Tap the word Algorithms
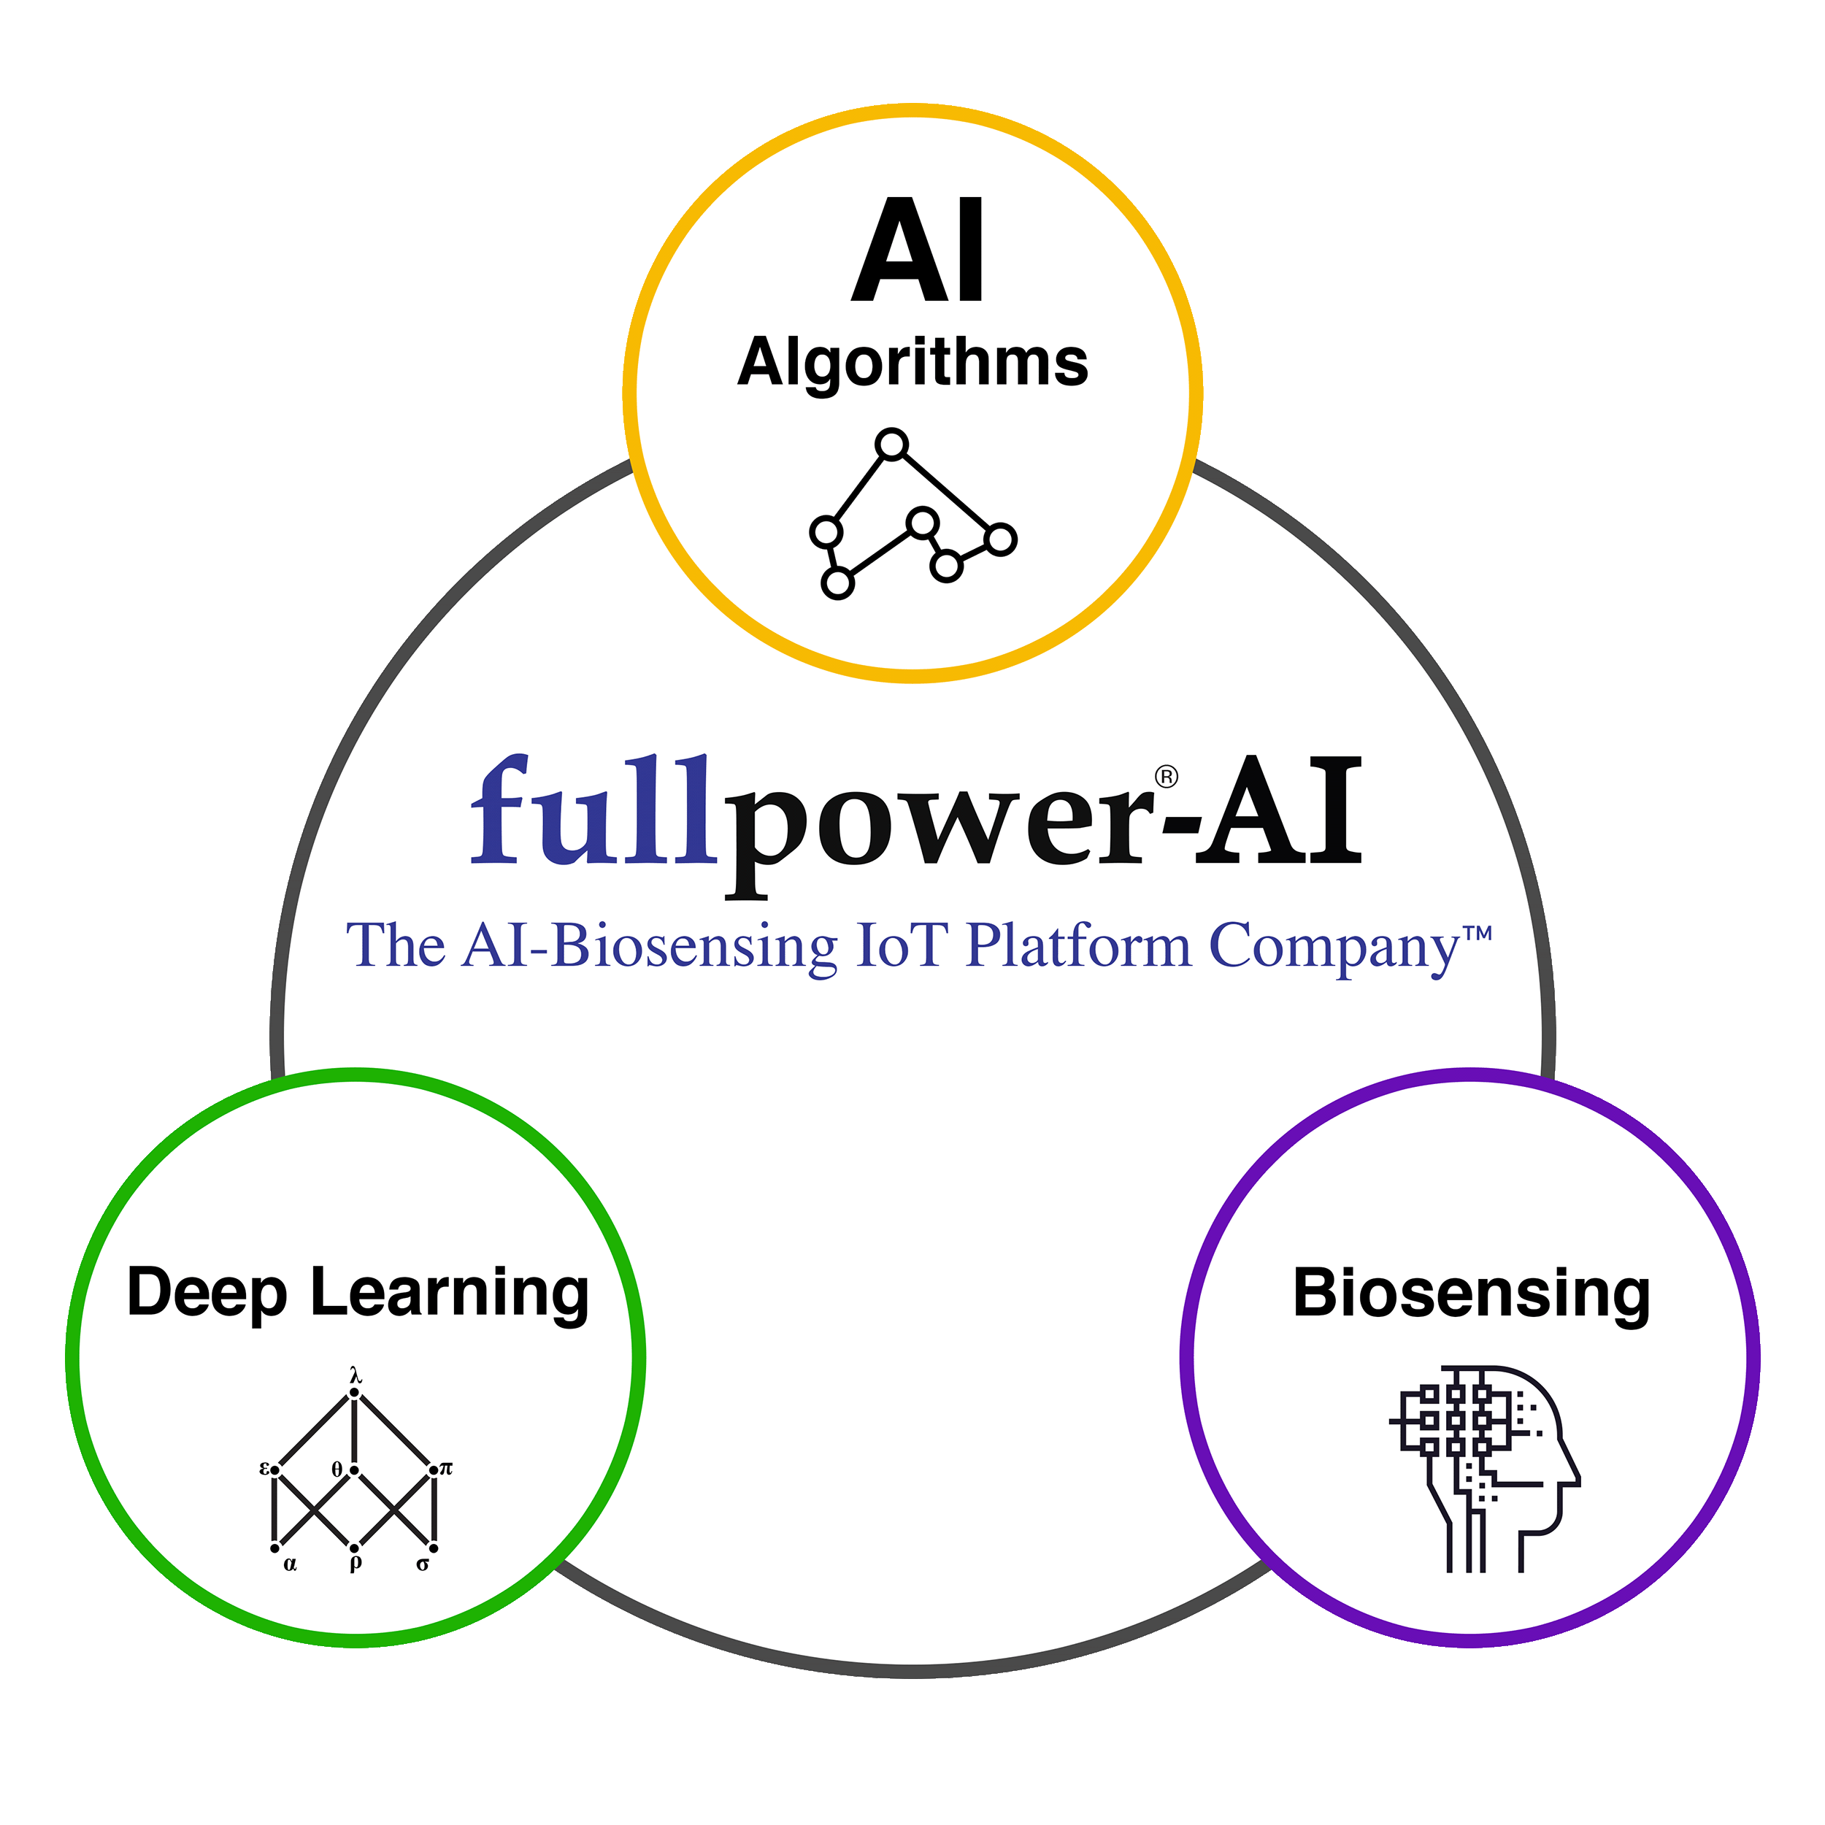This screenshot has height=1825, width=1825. [912, 364]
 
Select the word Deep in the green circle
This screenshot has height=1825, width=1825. [207, 1294]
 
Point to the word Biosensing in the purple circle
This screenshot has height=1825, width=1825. [1471, 1295]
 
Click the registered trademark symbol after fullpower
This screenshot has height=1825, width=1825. [1167, 777]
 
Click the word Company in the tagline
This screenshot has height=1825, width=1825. [1334, 948]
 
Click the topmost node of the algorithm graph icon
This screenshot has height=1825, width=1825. [892, 443]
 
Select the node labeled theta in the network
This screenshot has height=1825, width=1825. [354, 1469]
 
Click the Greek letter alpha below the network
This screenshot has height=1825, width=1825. [290, 1564]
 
